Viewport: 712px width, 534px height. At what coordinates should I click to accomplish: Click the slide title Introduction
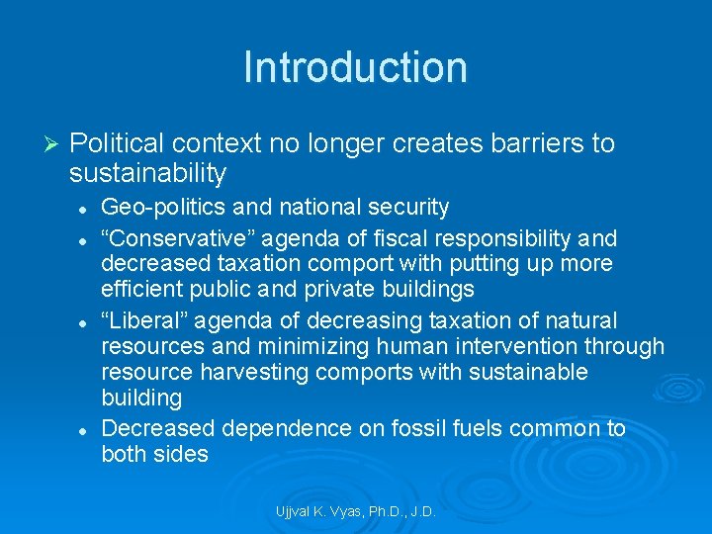point(355,67)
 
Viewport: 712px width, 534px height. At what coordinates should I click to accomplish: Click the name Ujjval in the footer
point(294,512)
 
